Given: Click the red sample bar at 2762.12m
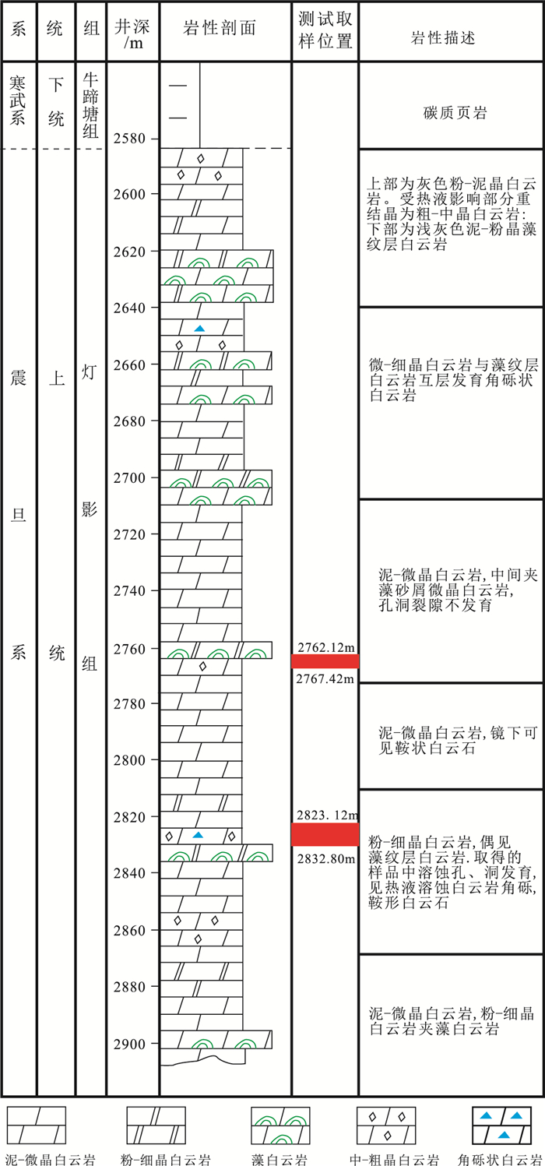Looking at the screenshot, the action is [x=325, y=661].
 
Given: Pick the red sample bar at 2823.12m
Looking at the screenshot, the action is [x=325, y=834].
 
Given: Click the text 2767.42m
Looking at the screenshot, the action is [x=324, y=678].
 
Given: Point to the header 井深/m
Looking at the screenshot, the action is [x=133, y=33].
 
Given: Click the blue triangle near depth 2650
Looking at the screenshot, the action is [x=199, y=329].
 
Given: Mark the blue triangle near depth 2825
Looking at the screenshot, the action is [x=198, y=835].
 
